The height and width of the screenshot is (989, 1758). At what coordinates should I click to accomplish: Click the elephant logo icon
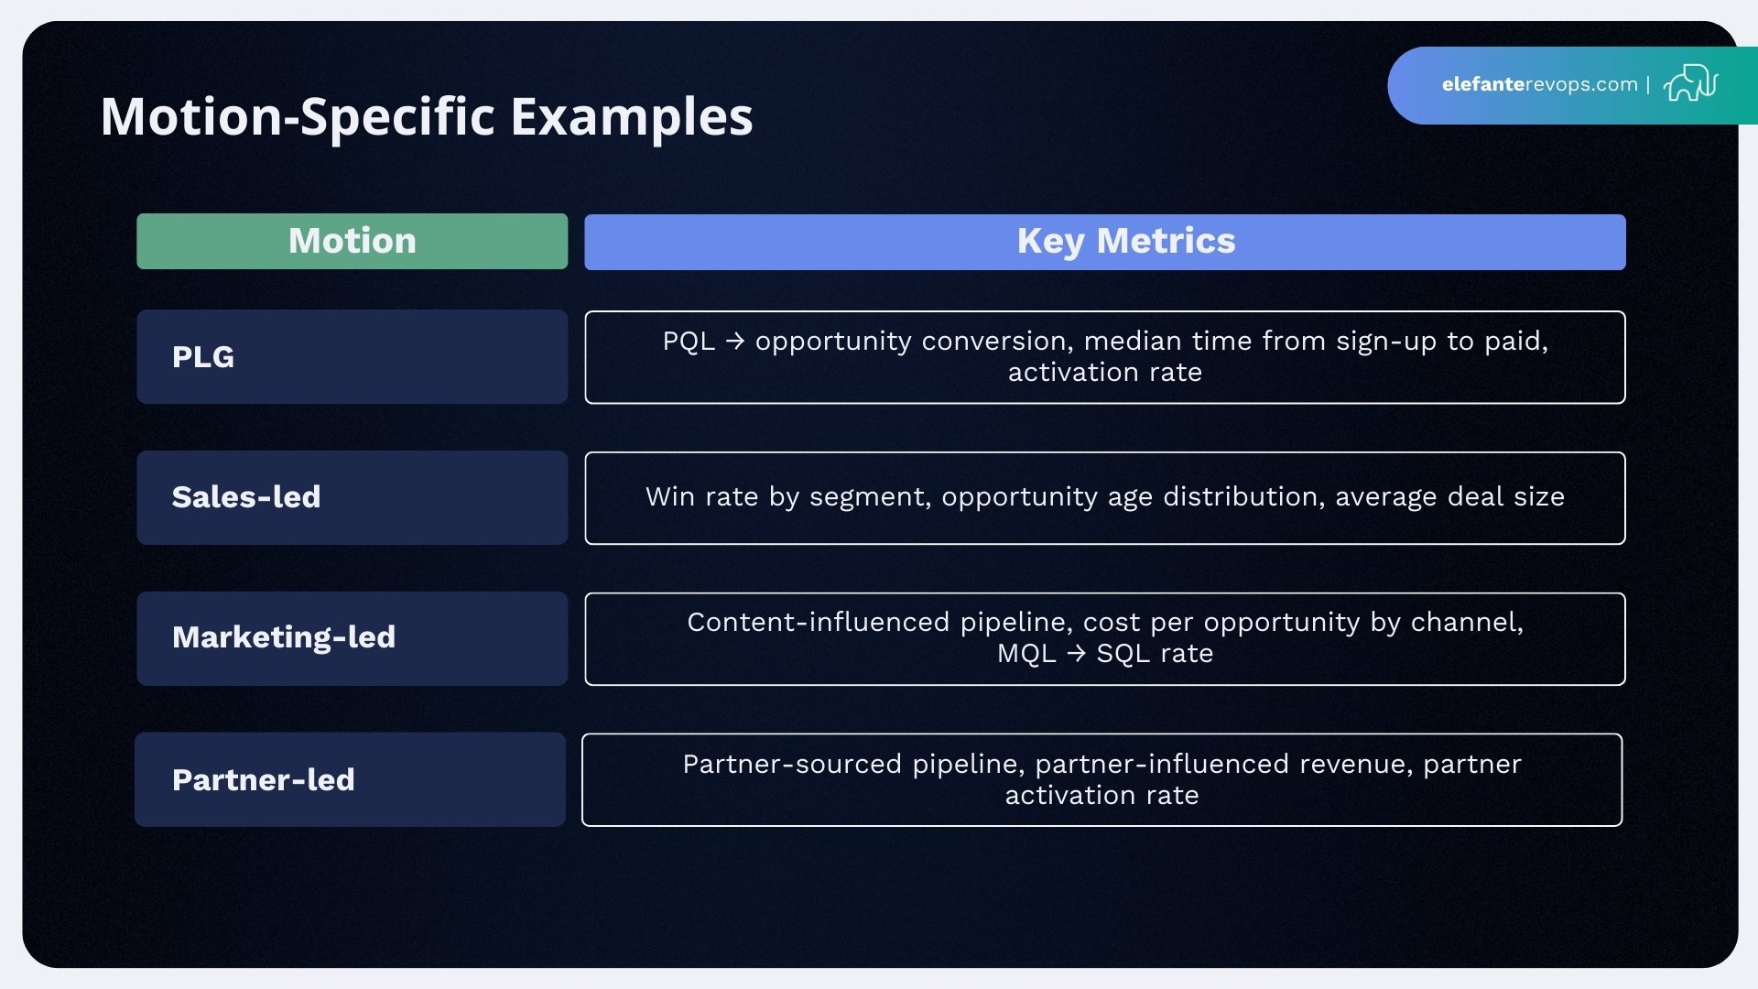coord(1690,83)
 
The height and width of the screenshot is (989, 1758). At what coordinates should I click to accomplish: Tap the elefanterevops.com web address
coord(1539,84)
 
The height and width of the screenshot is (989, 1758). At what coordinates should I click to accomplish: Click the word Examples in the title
coord(631,117)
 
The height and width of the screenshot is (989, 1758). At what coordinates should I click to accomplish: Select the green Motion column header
coord(352,241)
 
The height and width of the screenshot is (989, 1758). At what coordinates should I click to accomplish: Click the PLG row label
coord(203,356)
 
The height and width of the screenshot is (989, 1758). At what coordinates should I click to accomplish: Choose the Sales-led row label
coord(246,496)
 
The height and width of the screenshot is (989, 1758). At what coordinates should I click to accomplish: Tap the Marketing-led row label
coord(284,636)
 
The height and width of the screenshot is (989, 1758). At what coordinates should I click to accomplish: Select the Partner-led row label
coord(264,779)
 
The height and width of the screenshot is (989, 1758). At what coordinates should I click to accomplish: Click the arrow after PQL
coord(734,341)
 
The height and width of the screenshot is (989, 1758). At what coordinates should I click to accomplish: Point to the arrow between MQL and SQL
coord(1076,653)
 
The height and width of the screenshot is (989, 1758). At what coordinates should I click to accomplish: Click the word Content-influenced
coord(819,622)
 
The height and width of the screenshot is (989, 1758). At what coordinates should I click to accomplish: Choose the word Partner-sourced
coord(792,764)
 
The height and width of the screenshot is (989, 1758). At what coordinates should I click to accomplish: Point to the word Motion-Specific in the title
coord(298,117)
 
